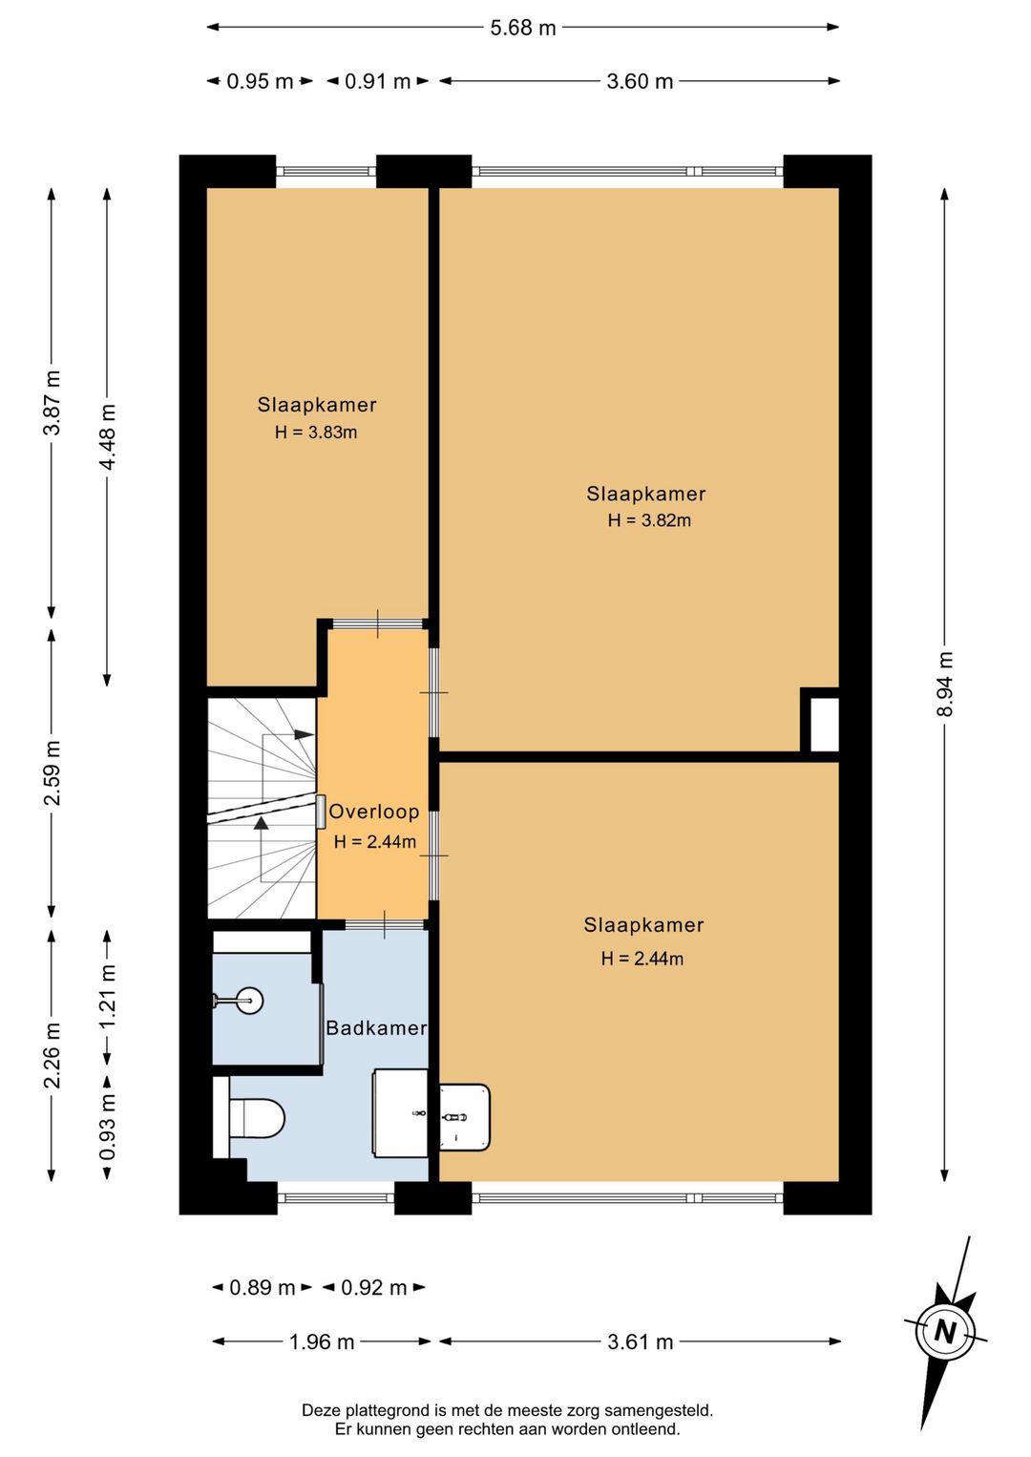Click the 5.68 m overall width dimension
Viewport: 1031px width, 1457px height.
coord(523,28)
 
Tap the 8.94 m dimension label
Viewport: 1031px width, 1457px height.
coord(944,684)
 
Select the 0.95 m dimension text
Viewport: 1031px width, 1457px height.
coord(261,82)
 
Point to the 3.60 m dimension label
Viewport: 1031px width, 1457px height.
coord(640,82)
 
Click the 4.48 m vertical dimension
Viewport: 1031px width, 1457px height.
coord(107,436)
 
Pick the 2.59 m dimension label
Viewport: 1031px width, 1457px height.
coord(53,772)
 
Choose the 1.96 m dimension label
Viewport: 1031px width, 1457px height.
coord(322,1341)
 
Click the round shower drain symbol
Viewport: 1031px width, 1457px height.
coord(249,1001)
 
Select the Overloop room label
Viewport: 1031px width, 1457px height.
coord(374,812)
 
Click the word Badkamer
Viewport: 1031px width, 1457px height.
coord(376,1028)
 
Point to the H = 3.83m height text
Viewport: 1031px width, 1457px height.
coord(316,433)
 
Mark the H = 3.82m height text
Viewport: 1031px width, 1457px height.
coord(649,520)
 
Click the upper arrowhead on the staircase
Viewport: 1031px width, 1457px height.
coord(304,734)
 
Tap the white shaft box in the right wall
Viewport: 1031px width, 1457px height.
coord(825,725)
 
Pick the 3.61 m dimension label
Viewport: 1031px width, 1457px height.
coord(640,1341)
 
